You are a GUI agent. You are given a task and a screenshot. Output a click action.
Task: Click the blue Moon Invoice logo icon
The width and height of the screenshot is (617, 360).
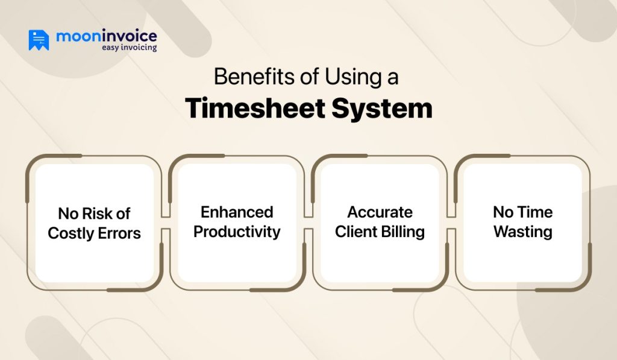[x=39, y=40]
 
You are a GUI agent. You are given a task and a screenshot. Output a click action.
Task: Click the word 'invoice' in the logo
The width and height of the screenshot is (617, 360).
[x=127, y=36]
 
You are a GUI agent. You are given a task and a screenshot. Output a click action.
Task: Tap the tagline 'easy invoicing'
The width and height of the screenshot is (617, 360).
[x=128, y=48]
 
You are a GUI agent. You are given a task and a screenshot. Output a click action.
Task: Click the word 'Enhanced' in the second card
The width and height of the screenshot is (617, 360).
[x=237, y=212]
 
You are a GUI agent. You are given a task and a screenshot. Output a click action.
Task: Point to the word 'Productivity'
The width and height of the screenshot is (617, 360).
[x=237, y=232]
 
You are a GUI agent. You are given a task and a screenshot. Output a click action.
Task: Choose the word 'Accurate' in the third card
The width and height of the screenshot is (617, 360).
[x=380, y=212]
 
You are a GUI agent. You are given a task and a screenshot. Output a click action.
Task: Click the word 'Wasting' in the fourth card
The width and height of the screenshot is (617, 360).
[x=522, y=232]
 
